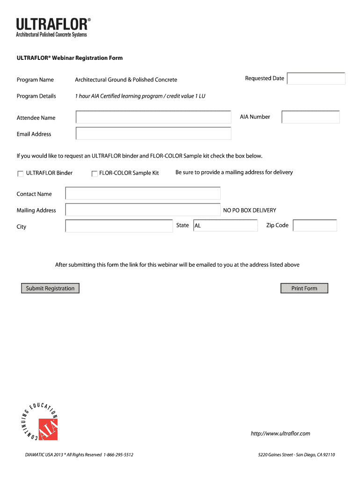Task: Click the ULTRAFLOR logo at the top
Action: (53, 27)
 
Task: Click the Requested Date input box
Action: (316, 79)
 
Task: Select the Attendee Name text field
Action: (153, 117)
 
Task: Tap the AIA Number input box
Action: (310, 117)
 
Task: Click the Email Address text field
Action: (153, 134)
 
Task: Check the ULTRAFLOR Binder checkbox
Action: (20, 174)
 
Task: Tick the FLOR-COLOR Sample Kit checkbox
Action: (94, 174)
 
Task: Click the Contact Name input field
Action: (143, 194)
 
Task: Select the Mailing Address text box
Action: (143, 210)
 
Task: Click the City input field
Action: (119, 226)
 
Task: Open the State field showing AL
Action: (225, 225)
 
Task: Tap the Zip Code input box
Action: (315, 225)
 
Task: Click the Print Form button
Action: (304, 289)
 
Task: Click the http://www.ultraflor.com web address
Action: (281, 434)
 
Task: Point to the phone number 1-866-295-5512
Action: (119, 455)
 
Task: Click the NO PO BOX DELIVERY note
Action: (250, 210)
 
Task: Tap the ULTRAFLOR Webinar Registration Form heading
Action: (70, 58)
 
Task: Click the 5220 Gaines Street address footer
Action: (296, 455)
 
